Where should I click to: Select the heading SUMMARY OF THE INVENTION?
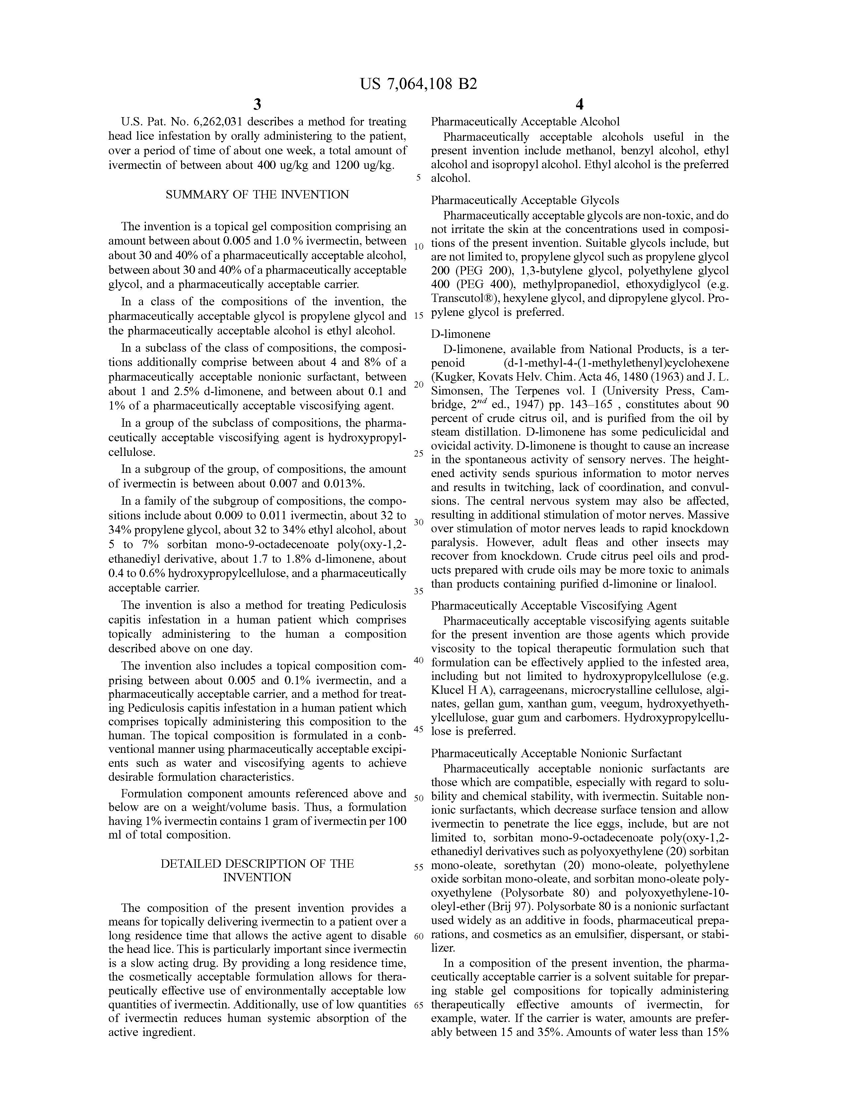point(257,194)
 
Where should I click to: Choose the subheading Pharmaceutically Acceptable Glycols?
point(525,200)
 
